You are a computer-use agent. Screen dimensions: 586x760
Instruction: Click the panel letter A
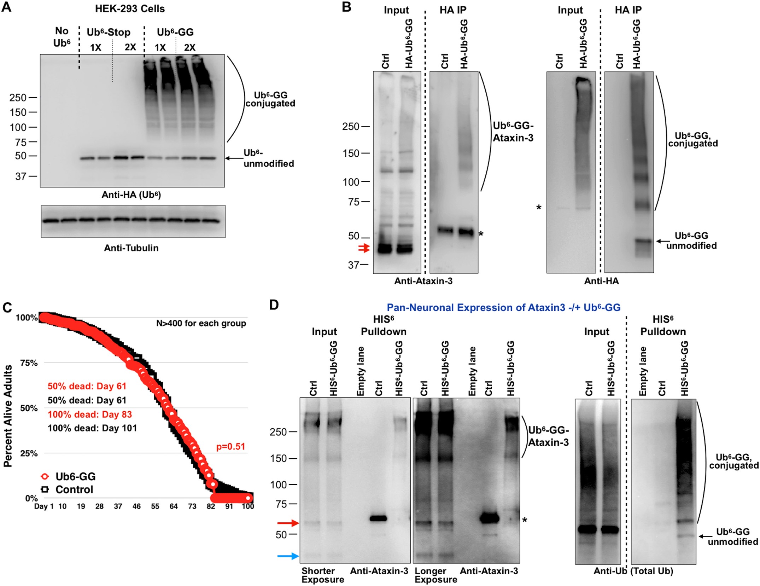point(6,7)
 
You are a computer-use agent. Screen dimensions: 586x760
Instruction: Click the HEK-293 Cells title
point(130,8)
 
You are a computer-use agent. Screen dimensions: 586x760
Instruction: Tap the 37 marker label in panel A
point(21,176)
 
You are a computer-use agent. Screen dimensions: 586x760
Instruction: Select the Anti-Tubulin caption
point(131,248)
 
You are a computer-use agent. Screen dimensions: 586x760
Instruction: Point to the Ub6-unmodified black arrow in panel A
point(234,158)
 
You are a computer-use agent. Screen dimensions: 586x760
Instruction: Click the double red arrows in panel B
point(364,248)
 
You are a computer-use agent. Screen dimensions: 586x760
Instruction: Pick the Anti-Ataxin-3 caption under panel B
point(423,281)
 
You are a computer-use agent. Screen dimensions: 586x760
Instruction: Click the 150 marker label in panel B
point(351,153)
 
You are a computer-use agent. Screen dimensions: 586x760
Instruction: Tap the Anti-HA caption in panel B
point(601,281)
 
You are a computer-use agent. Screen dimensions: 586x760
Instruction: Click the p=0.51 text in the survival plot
point(230,447)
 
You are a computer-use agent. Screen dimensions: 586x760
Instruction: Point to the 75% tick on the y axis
point(29,363)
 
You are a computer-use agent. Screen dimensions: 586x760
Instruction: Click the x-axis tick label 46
point(136,506)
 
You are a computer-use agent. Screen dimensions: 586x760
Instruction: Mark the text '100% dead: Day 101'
point(92,428)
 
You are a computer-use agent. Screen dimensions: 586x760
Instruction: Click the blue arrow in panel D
point(288,556)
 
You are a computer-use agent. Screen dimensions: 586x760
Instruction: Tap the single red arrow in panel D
point(288,523)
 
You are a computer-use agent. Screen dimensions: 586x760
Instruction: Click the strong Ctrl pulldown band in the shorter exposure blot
point(378,518)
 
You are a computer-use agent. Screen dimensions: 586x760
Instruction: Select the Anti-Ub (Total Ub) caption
point(633,571)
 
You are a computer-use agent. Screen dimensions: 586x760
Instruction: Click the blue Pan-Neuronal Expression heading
point(503,307)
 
